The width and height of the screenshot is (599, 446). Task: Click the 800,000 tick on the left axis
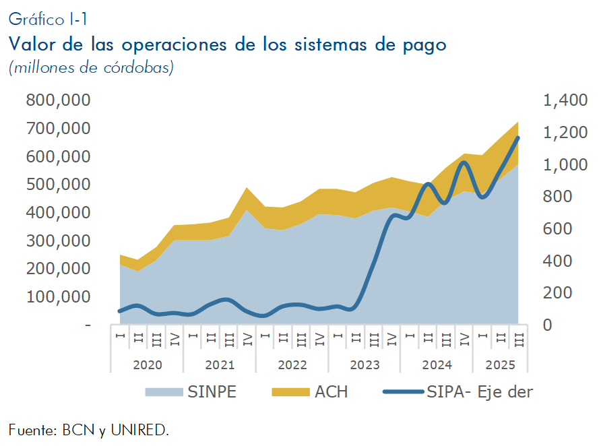58,100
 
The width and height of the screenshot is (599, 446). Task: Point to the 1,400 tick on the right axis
565,100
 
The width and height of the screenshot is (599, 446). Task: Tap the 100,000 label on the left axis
58,296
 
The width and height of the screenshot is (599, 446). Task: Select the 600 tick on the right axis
557,229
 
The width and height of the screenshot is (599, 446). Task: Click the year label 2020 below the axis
147,365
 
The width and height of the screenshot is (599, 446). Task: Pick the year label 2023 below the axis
365,365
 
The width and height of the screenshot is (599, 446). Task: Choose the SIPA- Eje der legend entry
479,392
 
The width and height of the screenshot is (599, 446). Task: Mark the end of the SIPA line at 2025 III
518,137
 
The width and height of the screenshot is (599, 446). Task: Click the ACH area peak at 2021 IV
247,188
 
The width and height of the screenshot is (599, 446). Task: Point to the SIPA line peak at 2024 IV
464,162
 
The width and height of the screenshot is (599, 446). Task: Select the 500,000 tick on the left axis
58,185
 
